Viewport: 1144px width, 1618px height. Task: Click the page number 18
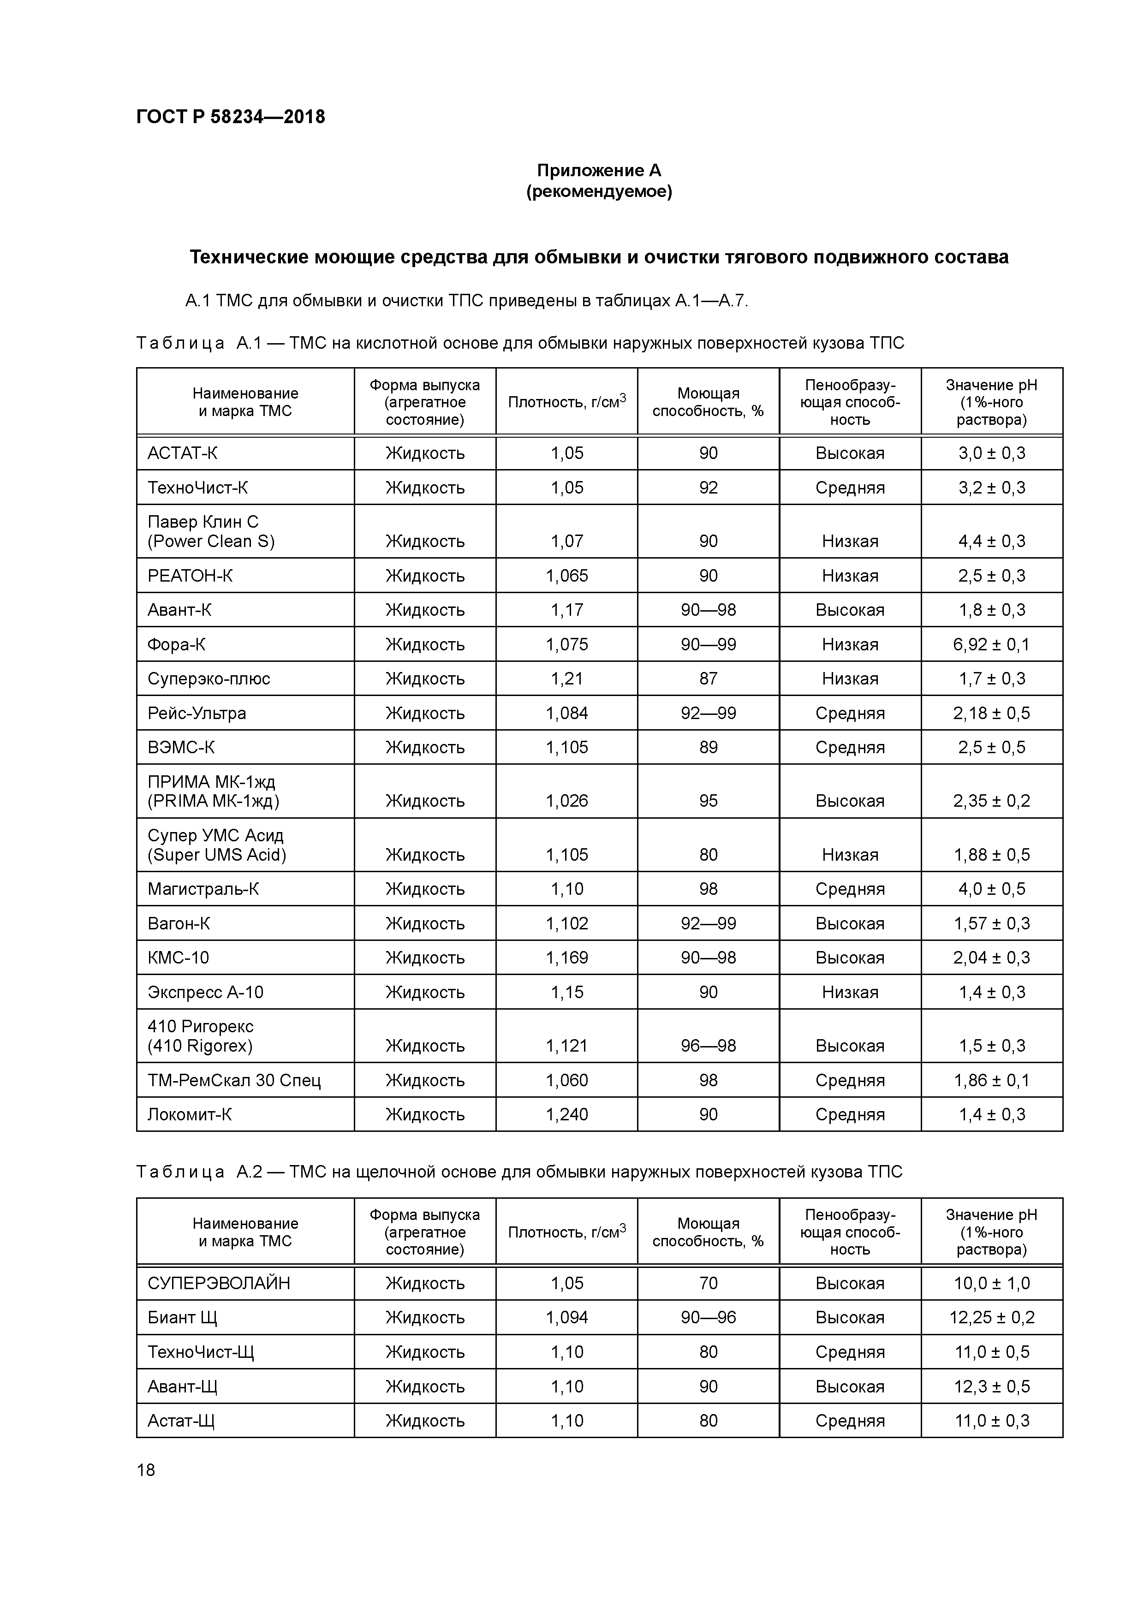pyautogui.click(x=146, y=1469)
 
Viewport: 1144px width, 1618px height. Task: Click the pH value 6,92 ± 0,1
pyautogui.click(x=991, y=644)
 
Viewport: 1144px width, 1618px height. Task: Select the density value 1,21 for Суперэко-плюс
pyautogui.click(x=567, y=678)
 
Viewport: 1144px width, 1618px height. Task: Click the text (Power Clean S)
pyautogui.click(x=211, y=541)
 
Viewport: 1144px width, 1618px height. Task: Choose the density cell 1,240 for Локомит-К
pyautogui.click(x=567, y=1114)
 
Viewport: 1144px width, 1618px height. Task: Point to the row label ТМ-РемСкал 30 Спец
pyautogui.click(x=234, y=1080)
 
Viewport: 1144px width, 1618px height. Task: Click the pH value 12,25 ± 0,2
pyautogui.click(x=991, y=1317)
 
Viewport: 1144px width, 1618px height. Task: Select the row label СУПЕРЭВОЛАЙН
pyautogui.click(x=219, y=1283)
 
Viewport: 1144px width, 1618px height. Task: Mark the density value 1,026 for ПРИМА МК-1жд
pyautogui.click(x=567, y=801)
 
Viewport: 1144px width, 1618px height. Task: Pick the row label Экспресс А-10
pyautogui.click(x=205, y=992)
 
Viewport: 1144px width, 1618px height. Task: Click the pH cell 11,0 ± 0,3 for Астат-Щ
pyautogui.click(x=991, y=1420)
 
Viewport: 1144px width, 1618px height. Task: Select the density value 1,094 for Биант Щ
pyautogui.click(x=567, y=1317)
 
